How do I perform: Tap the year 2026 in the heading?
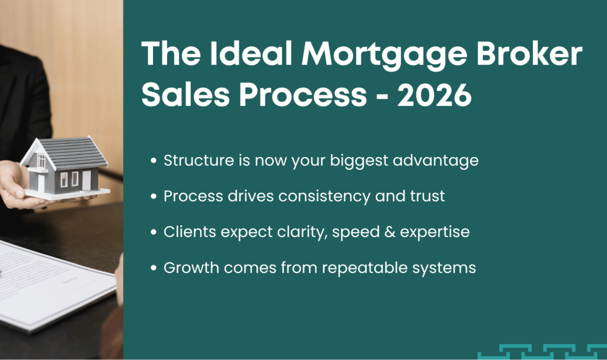point(434,95)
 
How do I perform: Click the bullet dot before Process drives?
point(154,197)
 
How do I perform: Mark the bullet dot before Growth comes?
point(154,268)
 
